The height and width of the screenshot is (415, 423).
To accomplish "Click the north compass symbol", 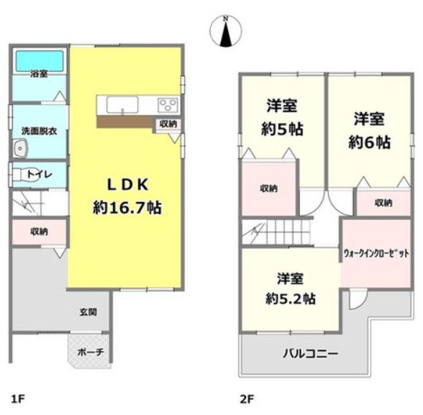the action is [226, 31].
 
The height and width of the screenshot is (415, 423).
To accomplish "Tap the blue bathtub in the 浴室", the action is [40, 61].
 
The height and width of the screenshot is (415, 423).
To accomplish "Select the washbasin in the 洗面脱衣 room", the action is [19, 147].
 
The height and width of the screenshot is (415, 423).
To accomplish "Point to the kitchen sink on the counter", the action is [122, 105].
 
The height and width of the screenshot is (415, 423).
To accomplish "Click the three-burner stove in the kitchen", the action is [168, 104].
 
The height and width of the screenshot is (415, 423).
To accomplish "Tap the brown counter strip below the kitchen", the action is [124, 122].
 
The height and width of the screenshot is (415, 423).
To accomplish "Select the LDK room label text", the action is [127, 185].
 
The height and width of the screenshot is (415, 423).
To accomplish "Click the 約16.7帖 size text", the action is [127, 208].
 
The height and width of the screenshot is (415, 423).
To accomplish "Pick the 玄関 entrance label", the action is [88, 312].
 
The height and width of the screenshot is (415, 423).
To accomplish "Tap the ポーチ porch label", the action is [91, 352].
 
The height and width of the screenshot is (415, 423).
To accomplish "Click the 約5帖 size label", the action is [282, 129].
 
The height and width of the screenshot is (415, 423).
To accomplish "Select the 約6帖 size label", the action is [369, 142].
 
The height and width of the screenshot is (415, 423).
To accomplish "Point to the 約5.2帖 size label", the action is [291, 298].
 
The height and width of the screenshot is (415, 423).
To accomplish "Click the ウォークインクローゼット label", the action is [376, 253].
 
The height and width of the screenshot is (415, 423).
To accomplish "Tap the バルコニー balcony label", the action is [310, 353].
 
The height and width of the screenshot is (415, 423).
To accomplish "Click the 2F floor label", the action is [247, 399].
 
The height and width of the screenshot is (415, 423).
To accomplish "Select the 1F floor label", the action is [18, 399].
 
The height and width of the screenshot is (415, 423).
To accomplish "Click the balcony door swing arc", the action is [361, 301].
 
